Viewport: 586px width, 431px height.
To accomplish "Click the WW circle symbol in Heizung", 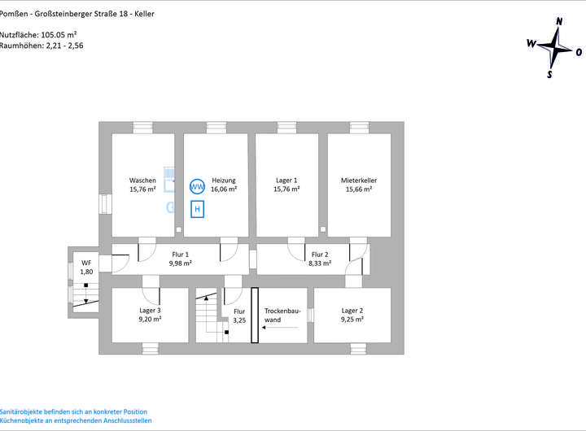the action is coord(196,186).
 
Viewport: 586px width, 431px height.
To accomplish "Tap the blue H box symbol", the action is coord(196,209).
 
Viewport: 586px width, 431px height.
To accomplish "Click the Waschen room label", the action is coord(142,180).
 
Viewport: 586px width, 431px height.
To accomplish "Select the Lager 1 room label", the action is coord(286,180).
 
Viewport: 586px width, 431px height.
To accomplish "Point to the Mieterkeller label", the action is coord(359,180).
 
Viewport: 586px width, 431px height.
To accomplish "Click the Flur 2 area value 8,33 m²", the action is coord(320,263).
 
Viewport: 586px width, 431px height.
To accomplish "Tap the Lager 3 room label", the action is coord(150,311).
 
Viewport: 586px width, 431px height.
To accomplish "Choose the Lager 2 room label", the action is coord(352,311).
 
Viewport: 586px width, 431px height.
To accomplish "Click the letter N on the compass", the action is coord(558,22).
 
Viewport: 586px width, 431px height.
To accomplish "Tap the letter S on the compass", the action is coord(549,74).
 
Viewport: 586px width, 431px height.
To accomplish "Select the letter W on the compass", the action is coord(531,43).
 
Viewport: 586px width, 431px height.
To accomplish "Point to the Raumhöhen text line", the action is coord(42,46).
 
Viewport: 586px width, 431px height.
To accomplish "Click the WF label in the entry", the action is coord(86,263).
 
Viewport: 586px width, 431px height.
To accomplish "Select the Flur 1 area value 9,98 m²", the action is coord(180,263).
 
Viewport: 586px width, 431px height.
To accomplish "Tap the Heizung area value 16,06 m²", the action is coord(224,189).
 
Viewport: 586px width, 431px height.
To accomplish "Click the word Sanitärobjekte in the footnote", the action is coord(22,411).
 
